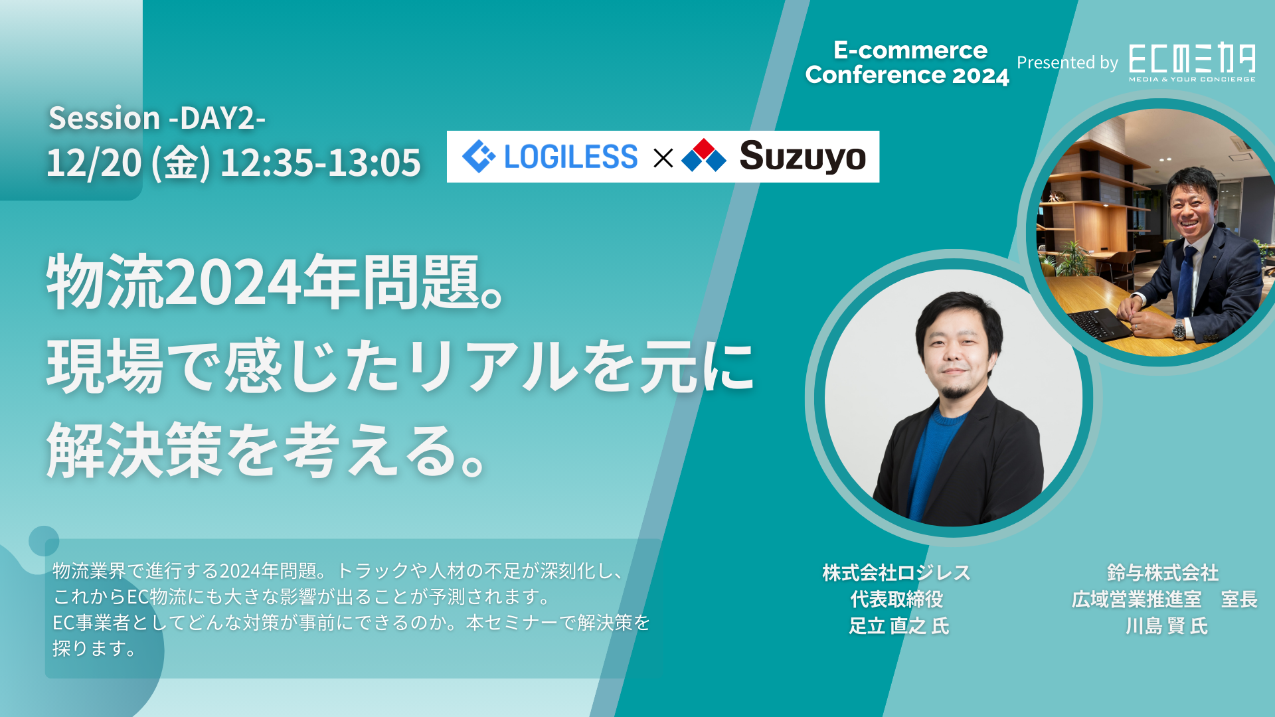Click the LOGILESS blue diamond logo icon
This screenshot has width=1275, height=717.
(479, 157)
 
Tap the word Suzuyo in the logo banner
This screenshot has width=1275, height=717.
(802, 157)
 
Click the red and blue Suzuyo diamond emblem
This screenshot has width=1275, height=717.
(704, 155)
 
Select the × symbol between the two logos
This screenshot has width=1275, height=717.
(663, 158)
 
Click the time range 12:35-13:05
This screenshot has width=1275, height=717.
(320, 163)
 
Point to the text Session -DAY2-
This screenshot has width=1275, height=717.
(157, 118)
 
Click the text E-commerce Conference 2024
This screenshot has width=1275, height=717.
(907, 62)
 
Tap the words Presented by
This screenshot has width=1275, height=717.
(1067, 62)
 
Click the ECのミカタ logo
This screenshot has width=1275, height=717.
(1192, 62)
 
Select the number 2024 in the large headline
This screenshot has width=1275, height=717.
(233, 282)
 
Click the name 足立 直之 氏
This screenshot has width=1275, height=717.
(899, 626)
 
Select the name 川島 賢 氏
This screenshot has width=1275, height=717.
(1167, 626)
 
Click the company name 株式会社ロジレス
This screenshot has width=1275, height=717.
(896, 573)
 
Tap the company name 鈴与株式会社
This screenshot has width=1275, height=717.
(1163, 573)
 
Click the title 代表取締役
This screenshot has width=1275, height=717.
(896, 599)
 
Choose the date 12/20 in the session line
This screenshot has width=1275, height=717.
(94, 163)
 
